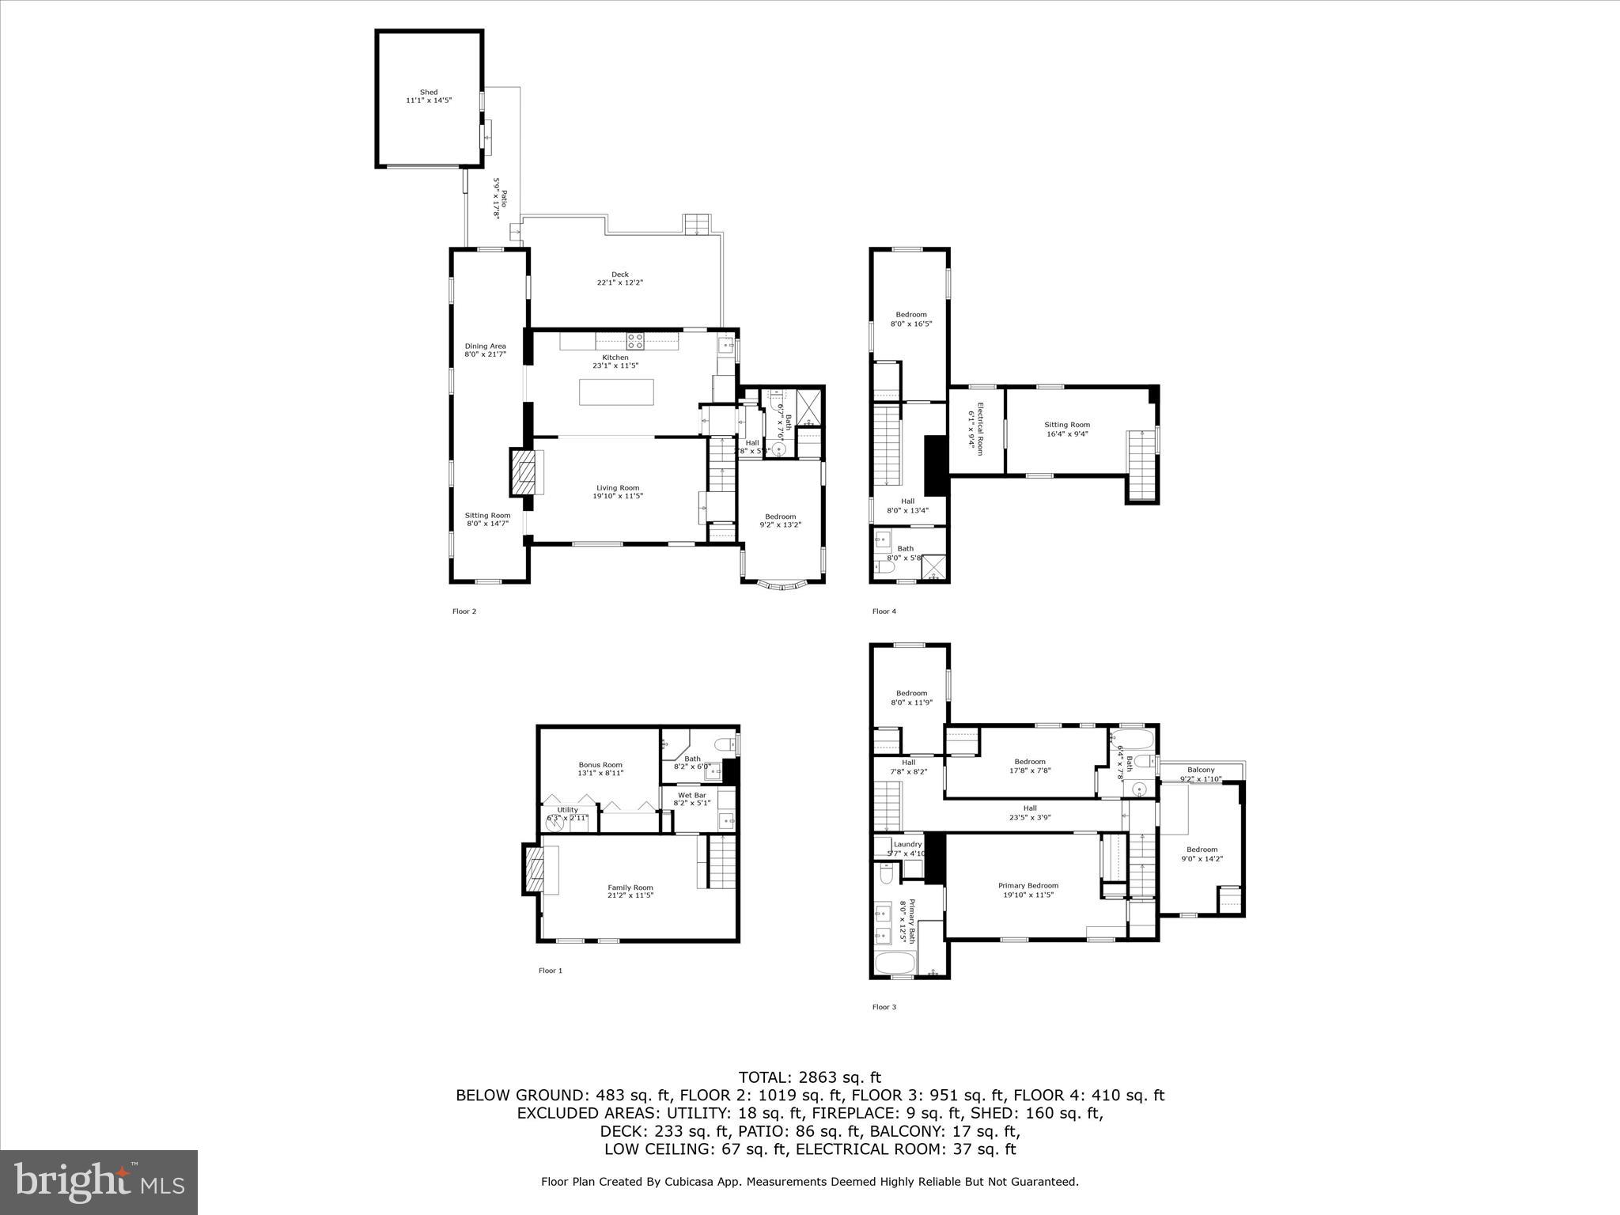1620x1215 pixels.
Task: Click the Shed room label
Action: tap(428, 97)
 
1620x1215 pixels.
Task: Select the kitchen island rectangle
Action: tap(616, 392)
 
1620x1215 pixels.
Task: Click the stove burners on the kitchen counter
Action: tap(635, 341)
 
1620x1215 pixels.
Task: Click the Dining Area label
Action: tap(485, 350)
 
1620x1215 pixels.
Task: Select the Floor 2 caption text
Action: tap(464, 611)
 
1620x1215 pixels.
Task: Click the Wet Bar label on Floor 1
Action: tap(691, 798)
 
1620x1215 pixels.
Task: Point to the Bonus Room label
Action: tap(600, 768)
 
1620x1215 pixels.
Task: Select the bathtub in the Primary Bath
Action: tap(895, 963)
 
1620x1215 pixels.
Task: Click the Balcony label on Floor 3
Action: tap(1200, 774)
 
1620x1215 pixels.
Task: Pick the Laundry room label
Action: tap(907, 848)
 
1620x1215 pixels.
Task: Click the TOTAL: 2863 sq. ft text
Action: tap(809, 1077)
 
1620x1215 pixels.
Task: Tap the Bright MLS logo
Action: tap(99, 1182)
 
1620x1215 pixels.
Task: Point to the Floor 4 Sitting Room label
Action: tap(1066, 429)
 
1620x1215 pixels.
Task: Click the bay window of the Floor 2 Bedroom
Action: tap(782, 586)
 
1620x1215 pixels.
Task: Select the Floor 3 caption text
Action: tap(884, 1007)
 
